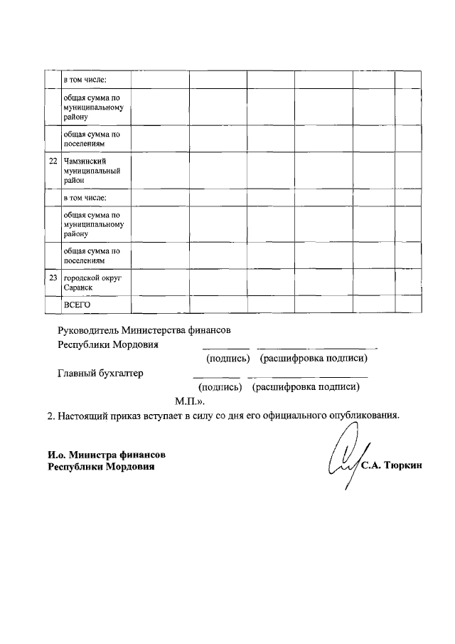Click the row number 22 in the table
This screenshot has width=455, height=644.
[53, 162]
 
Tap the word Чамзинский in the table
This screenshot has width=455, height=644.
[85, 162]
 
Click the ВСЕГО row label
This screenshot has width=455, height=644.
[77, 305]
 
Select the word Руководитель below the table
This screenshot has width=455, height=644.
[87, 330]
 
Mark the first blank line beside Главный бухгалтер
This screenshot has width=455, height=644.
[216, 376]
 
